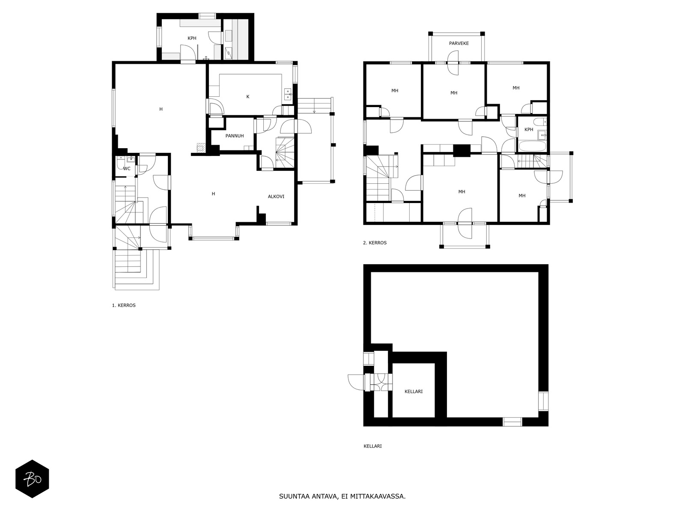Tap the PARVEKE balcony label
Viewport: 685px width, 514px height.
[459, 43]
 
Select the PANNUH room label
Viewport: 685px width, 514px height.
[235, 136]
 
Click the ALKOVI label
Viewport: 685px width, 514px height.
[276, 197]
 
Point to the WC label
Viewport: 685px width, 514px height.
[127, 168]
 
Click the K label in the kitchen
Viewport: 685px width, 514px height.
[248, 97]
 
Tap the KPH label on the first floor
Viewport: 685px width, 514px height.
[192, 39]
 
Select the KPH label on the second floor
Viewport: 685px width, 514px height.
[529, 129]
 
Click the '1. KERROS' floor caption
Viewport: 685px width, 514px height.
[124, 305]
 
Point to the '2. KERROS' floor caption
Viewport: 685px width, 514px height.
[375, 242]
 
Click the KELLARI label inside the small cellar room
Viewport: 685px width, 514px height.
[414, 391]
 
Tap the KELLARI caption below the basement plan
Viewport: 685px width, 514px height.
[372, 446]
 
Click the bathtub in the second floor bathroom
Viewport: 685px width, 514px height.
[533, 146]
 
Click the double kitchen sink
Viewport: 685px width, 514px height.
[288, 94]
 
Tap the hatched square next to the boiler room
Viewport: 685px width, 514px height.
[202, 147]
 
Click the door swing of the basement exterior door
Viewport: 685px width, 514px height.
[356, 382]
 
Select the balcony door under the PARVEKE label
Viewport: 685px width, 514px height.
[453, 63]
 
